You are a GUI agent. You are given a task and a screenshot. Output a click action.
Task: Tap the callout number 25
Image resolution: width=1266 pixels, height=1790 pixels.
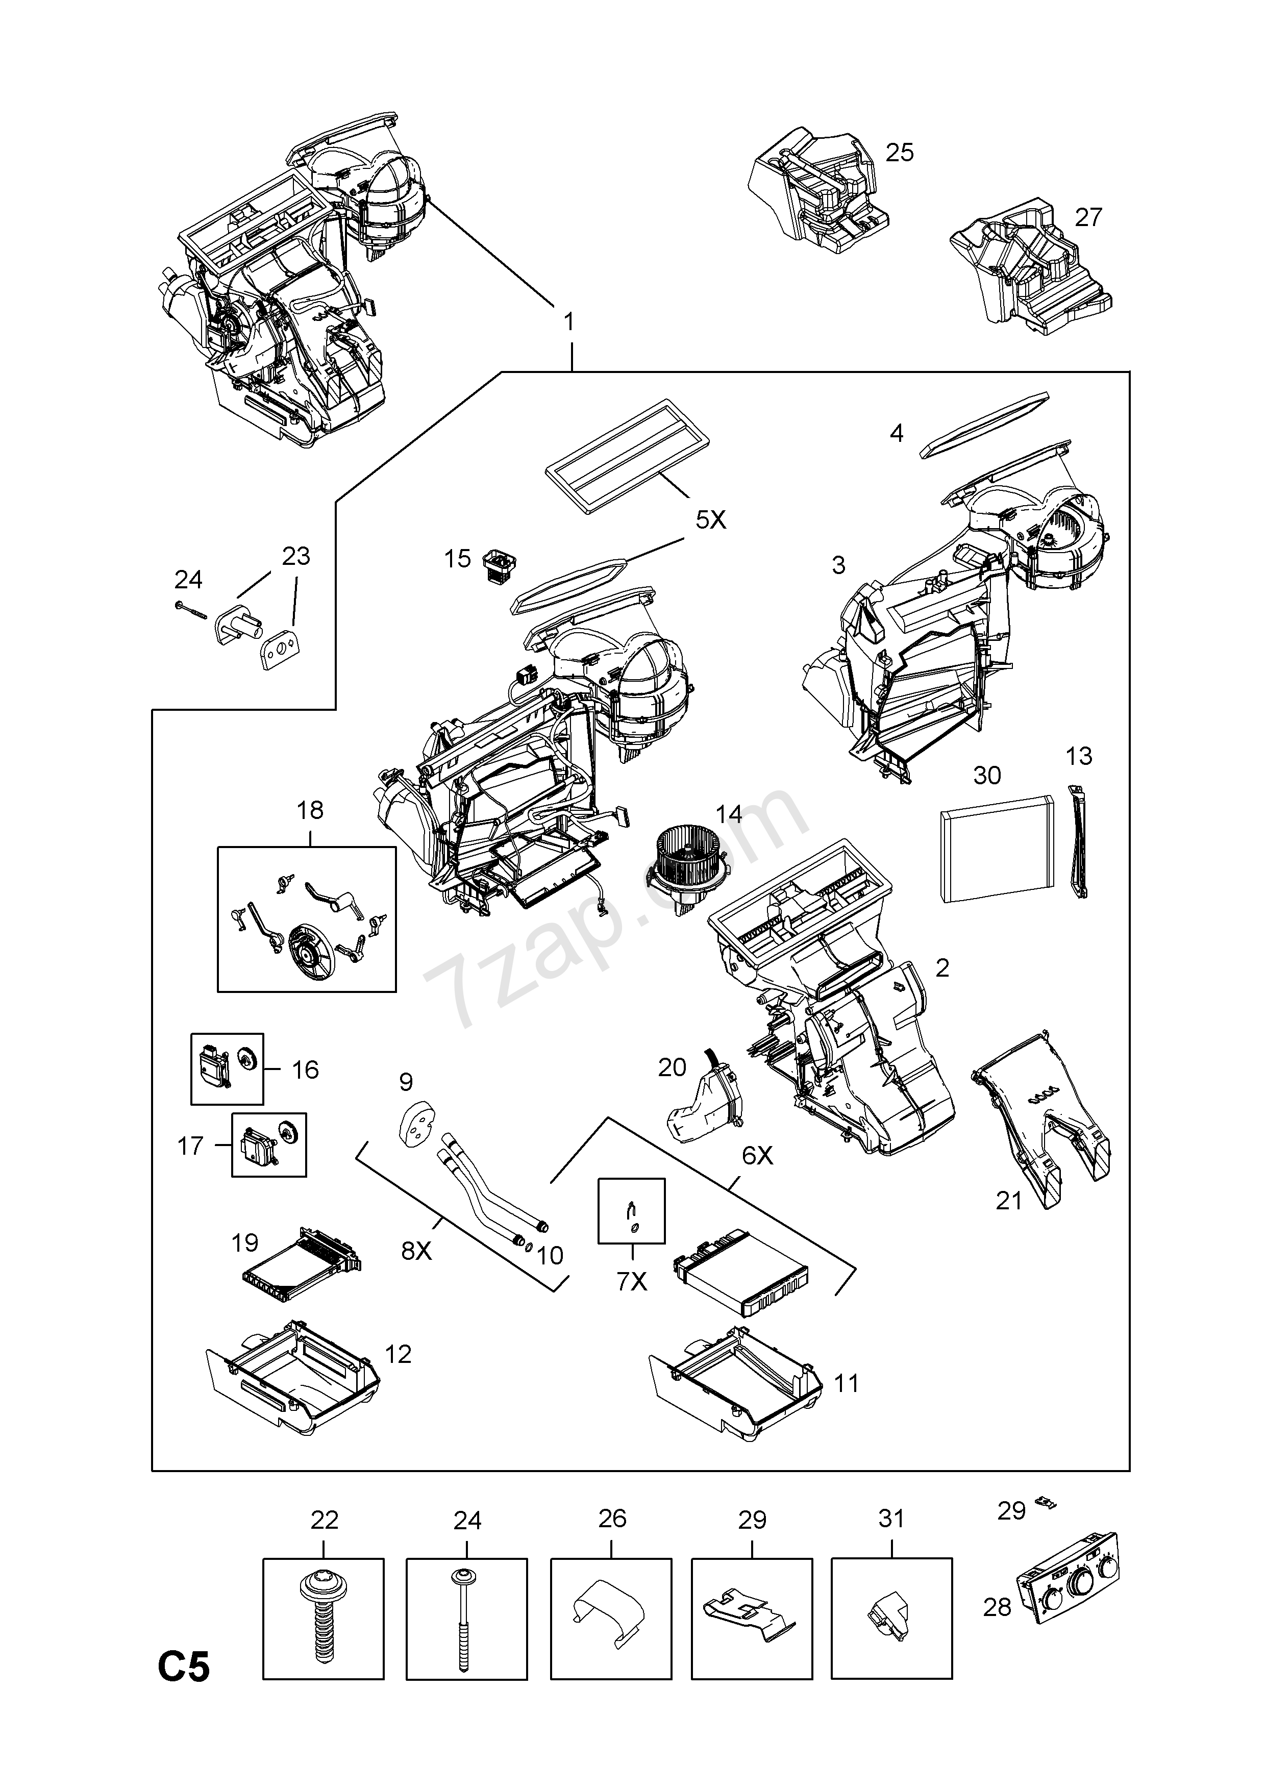click(x=899, y=153)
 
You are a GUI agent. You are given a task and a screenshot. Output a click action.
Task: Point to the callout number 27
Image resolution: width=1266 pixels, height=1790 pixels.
click(x=1088, y=217)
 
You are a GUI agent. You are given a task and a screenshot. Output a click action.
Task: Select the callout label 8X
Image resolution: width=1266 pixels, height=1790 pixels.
click(x=416, y=1251)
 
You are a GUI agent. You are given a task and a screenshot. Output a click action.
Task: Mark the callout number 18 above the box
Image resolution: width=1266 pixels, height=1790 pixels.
click(x=310, y=811)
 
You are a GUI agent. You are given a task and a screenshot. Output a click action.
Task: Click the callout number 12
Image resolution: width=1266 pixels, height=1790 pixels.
click(x=398, y=1354)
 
